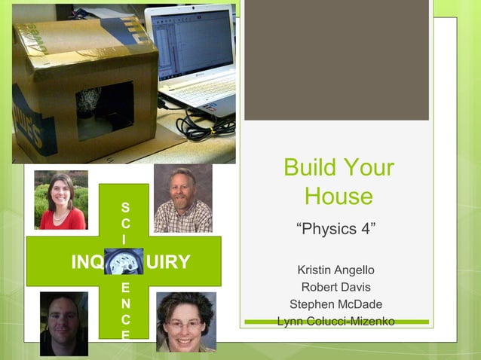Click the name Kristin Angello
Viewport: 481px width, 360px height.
[x=335, y=270]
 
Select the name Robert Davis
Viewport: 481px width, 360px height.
[x=335, y=287]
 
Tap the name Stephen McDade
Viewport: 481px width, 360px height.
[x=335, y=304]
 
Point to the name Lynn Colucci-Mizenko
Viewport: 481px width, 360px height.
[x=335, y=322]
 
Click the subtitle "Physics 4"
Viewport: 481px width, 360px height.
[x=335, y=229]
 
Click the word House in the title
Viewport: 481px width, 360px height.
[x=339, y=197]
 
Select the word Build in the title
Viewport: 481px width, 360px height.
[x=309, y=167]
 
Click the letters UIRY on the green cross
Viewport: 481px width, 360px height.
[x=170, y=262]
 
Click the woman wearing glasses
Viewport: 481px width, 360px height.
[x=185, y=322]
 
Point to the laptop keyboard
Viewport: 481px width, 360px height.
[x=199, y=95]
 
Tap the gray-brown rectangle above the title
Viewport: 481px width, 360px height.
[x=336, y=60]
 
